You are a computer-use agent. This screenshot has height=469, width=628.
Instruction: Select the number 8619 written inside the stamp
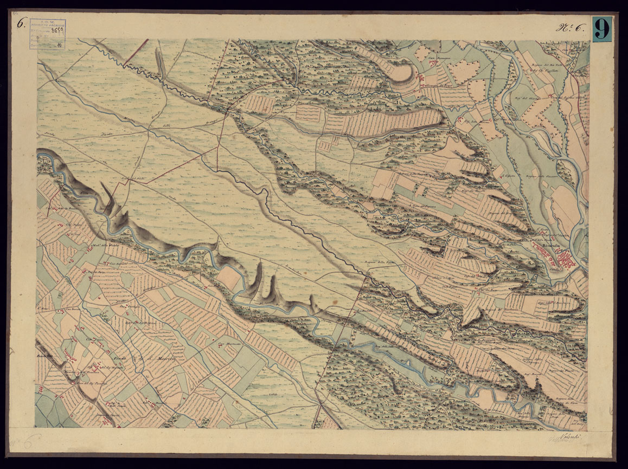pyautogui.click(x=55, y=30)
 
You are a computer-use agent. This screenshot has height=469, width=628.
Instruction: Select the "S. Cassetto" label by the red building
pyautogui.click(x=508, y=176)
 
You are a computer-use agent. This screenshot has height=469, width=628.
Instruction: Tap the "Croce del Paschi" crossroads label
pyautogui.click(x=131, y=179)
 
